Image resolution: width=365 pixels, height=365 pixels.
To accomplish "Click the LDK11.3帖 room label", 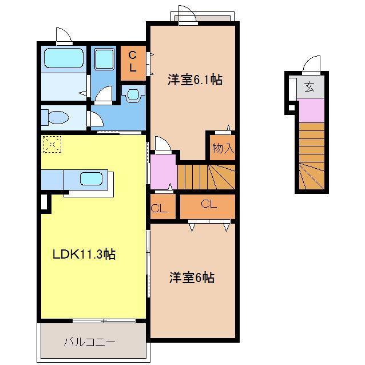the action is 84,254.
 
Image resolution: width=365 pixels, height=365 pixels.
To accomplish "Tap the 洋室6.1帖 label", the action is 195,80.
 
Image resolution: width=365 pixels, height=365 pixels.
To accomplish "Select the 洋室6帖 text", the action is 192,277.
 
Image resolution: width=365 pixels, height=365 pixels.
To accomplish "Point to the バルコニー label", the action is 90,342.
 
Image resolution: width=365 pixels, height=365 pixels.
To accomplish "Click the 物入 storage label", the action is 223,148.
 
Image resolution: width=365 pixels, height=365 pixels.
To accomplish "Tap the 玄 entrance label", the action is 309,86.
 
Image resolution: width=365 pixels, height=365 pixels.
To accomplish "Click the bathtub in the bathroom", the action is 64,58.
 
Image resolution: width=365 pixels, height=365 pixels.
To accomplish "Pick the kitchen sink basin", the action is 92,178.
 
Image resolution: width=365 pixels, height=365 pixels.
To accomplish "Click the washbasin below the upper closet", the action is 133,94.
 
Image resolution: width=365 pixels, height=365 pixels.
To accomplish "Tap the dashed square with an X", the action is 52,145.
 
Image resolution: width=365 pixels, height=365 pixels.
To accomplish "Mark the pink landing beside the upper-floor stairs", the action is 163,172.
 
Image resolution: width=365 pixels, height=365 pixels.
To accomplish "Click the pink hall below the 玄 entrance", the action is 311,110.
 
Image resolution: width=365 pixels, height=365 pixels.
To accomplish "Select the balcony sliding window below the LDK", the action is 104,321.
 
